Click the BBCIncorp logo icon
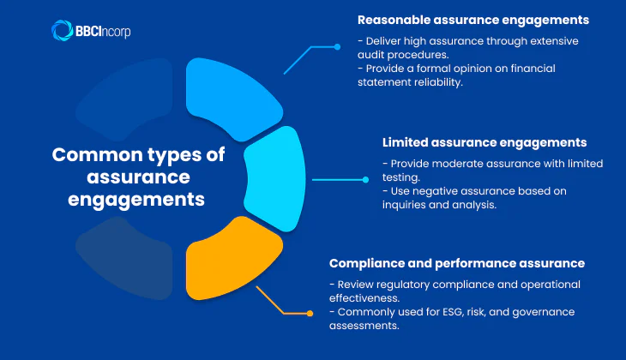62,31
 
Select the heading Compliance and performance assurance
456,263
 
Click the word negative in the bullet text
432,190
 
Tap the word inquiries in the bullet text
411,204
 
